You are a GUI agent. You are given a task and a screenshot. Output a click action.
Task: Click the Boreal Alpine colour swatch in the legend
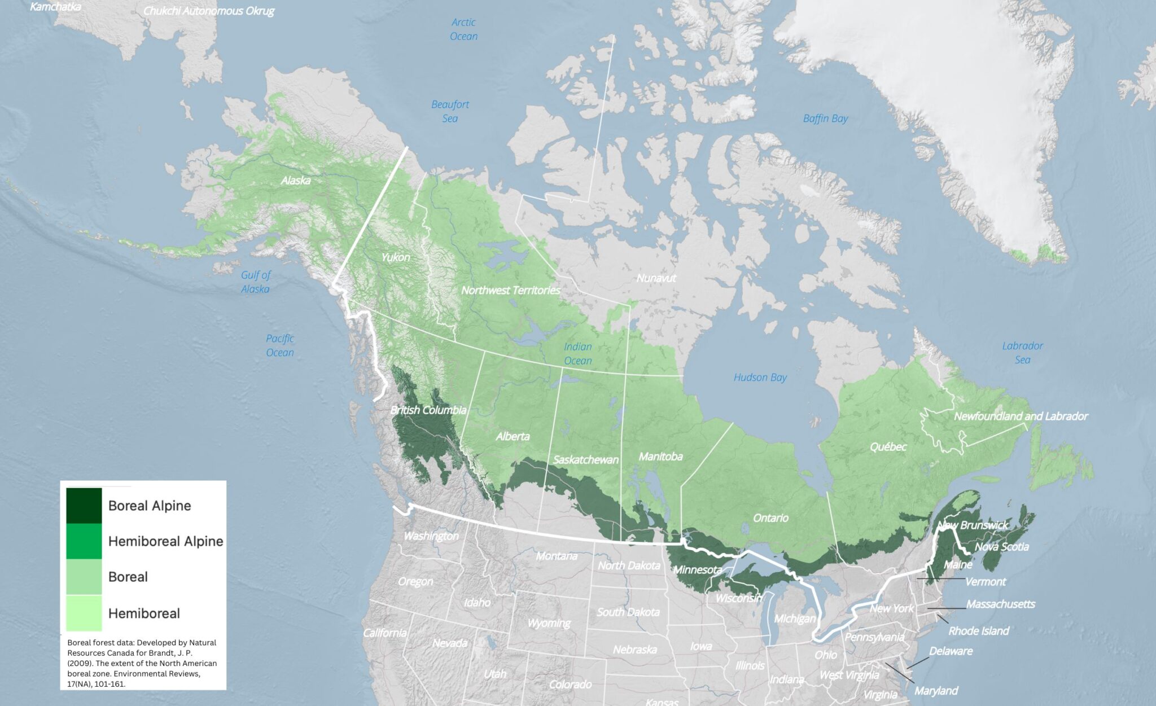[84, 506]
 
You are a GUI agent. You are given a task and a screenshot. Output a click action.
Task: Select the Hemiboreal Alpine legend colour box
[84, 541]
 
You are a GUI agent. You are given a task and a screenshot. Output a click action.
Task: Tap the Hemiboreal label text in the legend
[144, 613]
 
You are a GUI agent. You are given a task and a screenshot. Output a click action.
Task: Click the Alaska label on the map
[296, 181]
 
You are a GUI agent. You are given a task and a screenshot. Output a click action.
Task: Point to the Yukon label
[396, 257]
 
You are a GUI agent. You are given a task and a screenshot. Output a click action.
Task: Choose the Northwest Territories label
[511, 290]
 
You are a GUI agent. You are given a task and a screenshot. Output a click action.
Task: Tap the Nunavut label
[656, 278]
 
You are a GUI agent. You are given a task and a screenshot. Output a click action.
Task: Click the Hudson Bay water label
[760, 378]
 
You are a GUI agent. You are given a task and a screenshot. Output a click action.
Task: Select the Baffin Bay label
[825, 119]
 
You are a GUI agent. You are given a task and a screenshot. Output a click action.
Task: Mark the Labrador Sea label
[1022, 353]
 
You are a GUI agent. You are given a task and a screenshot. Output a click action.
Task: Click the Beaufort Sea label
[450, 111]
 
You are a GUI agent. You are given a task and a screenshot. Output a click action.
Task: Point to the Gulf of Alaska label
[256, 282]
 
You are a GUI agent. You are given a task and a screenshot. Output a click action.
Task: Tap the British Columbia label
[428, 410]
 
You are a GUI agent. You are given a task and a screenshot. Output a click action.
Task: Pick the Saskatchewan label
[586, 460]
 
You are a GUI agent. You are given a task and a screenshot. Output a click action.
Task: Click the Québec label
[888, 447]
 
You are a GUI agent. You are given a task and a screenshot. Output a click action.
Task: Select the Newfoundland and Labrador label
[1021, 416]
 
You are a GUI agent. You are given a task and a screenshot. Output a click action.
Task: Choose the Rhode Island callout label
[978, 631]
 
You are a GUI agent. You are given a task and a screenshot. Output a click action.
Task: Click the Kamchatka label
[55, 7]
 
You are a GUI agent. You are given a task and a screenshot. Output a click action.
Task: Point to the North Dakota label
[629, 565]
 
